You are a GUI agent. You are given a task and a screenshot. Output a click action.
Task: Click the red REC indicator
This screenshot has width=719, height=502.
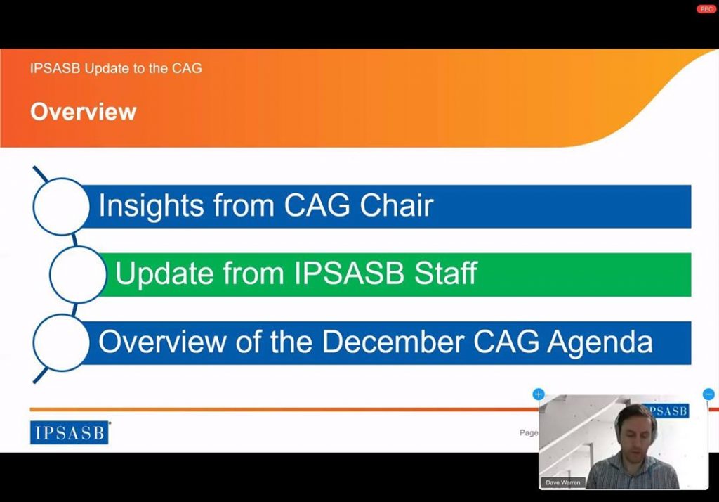pyautogui.click(x=706, y=9)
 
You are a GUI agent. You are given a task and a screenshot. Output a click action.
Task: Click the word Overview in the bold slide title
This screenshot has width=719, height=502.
pyautogui.click(x=84, y=112)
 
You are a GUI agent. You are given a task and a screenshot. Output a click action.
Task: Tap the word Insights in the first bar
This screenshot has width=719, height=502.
pyautogui.click(x=151, y=205)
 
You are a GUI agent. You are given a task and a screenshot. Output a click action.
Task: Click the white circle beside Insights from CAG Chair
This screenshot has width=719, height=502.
pyautogui.click(x=62, y=207)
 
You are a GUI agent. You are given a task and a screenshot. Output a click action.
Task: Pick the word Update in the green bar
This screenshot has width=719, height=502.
pyautogui.click(x=164, y=273)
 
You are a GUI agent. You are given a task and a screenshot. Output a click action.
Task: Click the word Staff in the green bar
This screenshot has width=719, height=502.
pyautogui.click(x=445, y=273)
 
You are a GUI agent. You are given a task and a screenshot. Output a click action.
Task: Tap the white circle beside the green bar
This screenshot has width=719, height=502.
pyautogui.click(x=78, y=275)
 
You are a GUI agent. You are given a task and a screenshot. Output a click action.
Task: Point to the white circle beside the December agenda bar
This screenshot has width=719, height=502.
pyautogui.click(x=62, y=342)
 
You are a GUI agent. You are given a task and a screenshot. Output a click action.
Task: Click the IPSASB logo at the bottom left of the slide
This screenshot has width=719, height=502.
pyautogui.click(x=70, y=432)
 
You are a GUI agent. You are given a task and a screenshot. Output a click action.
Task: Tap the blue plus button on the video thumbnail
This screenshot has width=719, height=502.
pyautogui.click(x=539, y=394)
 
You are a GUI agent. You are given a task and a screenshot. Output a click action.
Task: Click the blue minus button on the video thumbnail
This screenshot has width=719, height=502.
pyautogui.click(x=708, y=394)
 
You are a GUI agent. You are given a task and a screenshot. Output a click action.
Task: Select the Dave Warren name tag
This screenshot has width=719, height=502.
pyautogui.click(x=562, y=482)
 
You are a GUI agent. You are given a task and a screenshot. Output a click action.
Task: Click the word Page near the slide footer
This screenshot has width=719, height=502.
pyautogui.click(x=529, y=432)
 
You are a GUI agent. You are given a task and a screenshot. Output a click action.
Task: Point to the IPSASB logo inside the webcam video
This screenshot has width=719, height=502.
pyautogui.click(x=666, y=411)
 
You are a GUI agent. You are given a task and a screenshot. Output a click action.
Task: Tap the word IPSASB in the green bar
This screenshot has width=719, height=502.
pyautogui.click(x=349, y=273)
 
